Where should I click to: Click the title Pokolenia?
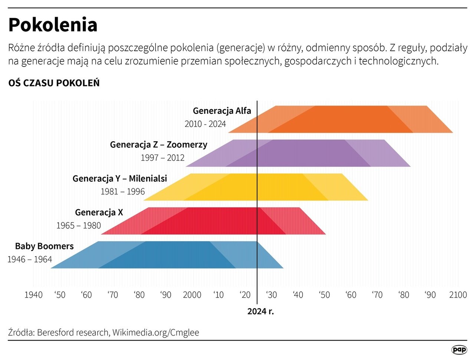(53, 25)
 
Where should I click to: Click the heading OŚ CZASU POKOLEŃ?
(54, 83)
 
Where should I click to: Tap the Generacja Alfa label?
(222, 111)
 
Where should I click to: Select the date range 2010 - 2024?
(205, 124)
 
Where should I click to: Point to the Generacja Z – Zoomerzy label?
(158, 145)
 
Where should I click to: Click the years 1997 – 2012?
(163, 158)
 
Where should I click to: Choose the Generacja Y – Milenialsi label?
(119, 179)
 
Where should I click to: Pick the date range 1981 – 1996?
(122, 192)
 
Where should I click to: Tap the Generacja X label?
(99, 212)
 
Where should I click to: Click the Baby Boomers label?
(44, 246)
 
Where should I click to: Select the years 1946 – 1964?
(30, 260)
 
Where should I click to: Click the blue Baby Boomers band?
(167, 255)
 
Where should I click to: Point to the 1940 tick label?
(33, 295)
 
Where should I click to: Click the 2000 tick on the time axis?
(192, 295)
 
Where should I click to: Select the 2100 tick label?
(458, 295)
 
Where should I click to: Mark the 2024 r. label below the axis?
(261, 311)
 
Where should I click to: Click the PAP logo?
(459, 350)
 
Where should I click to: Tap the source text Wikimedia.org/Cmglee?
(156, 333)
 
